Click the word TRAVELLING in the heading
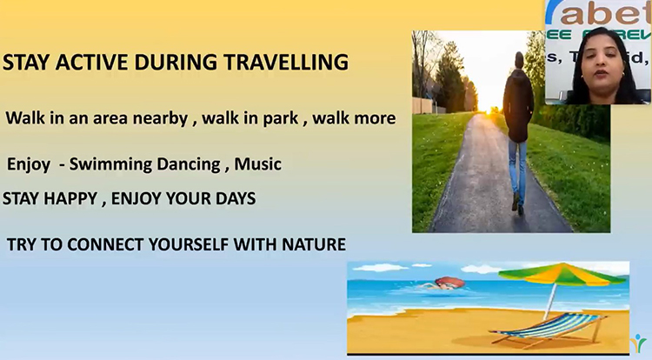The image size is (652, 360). click(288, 63)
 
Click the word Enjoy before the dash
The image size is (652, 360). click(29, 163)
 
